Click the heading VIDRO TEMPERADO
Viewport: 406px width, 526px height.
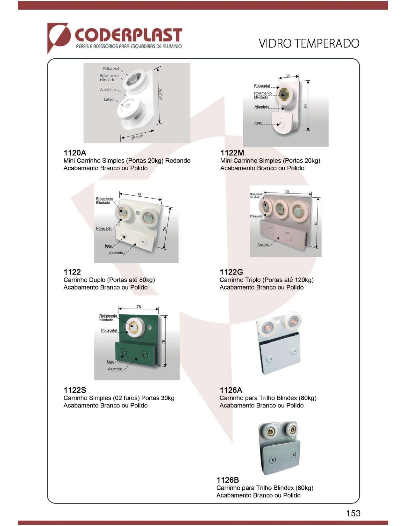[x=309, y=43]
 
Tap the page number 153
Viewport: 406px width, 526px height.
[x=353, y=513]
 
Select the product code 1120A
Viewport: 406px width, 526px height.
[x=75, y=153]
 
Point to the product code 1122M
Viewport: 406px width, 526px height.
[x=232, y=153]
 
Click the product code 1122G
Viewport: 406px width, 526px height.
[x=231, y=272]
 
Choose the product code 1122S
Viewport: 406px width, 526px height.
[x=75, y=390]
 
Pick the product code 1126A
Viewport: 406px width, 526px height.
[x=231, y=390]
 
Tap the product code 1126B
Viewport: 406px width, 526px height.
[x=228, y=480]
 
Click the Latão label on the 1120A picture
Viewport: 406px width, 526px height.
[x=109, y=99]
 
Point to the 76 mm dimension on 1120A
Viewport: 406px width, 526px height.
[x=161, y=94]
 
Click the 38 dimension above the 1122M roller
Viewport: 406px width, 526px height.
[x=288, y=76]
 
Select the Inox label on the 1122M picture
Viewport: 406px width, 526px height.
[x=258, y=123]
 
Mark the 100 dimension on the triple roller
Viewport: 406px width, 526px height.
[x=286, y=192]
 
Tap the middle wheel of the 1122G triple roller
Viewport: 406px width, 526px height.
[x=280, y=209]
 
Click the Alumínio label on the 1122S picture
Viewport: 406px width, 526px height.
[x=115, y=369]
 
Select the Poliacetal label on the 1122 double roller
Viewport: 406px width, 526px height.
[x=104, y=228]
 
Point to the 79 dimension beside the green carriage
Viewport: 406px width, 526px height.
[x=163, y=342]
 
